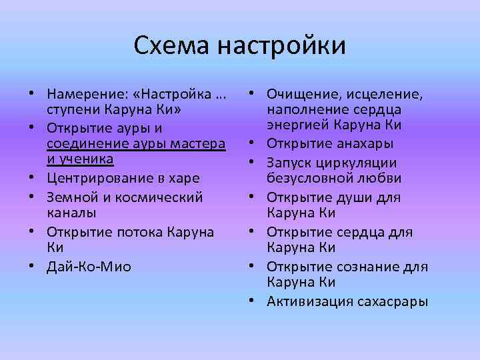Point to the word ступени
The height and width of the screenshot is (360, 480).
coord(71,109)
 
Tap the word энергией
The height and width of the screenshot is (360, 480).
coord(296,126)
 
